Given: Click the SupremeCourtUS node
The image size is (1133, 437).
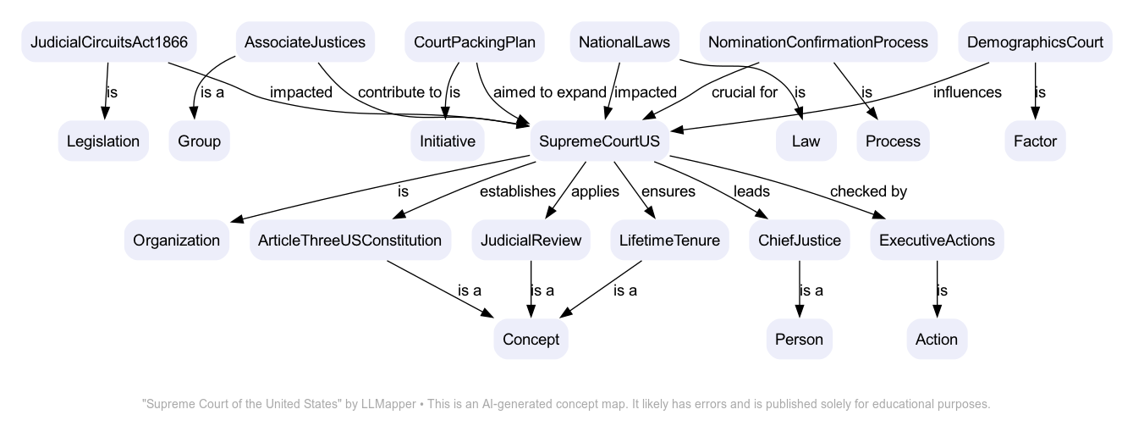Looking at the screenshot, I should (x=599, y=141).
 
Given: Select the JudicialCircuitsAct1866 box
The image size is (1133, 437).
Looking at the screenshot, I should (x=109, y=42).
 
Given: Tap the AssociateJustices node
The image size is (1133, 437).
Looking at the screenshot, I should (x=305, y=42).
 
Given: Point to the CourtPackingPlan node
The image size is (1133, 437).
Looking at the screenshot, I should (x=474, y=42).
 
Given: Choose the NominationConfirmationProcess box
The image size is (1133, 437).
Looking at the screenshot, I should (x=817, y=42).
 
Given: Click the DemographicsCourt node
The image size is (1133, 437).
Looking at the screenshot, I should (x=1035, y=42).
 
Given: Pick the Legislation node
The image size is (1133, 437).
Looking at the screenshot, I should (x=103, y=141).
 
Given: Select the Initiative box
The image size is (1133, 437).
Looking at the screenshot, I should (x=448, y=141).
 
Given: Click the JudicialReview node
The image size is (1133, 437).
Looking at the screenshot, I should (x=531, y=241).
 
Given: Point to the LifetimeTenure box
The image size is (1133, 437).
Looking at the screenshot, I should (x=669, y=241).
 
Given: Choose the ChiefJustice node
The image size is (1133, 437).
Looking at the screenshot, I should (x=800, y=241).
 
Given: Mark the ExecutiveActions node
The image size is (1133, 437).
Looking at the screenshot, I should (x=937, y=241).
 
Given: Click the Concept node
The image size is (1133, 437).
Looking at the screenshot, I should (x=531, y=340).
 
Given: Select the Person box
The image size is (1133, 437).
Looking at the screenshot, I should (x=800, y=340).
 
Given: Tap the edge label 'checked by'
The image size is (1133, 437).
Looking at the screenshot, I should (x=868, y=191).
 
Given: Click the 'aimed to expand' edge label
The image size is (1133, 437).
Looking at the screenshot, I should (x=550, y=92).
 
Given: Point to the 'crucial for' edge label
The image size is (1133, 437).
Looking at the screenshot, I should (x=744, y=92).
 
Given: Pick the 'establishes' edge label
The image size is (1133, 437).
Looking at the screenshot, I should (x=517, y=191).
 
